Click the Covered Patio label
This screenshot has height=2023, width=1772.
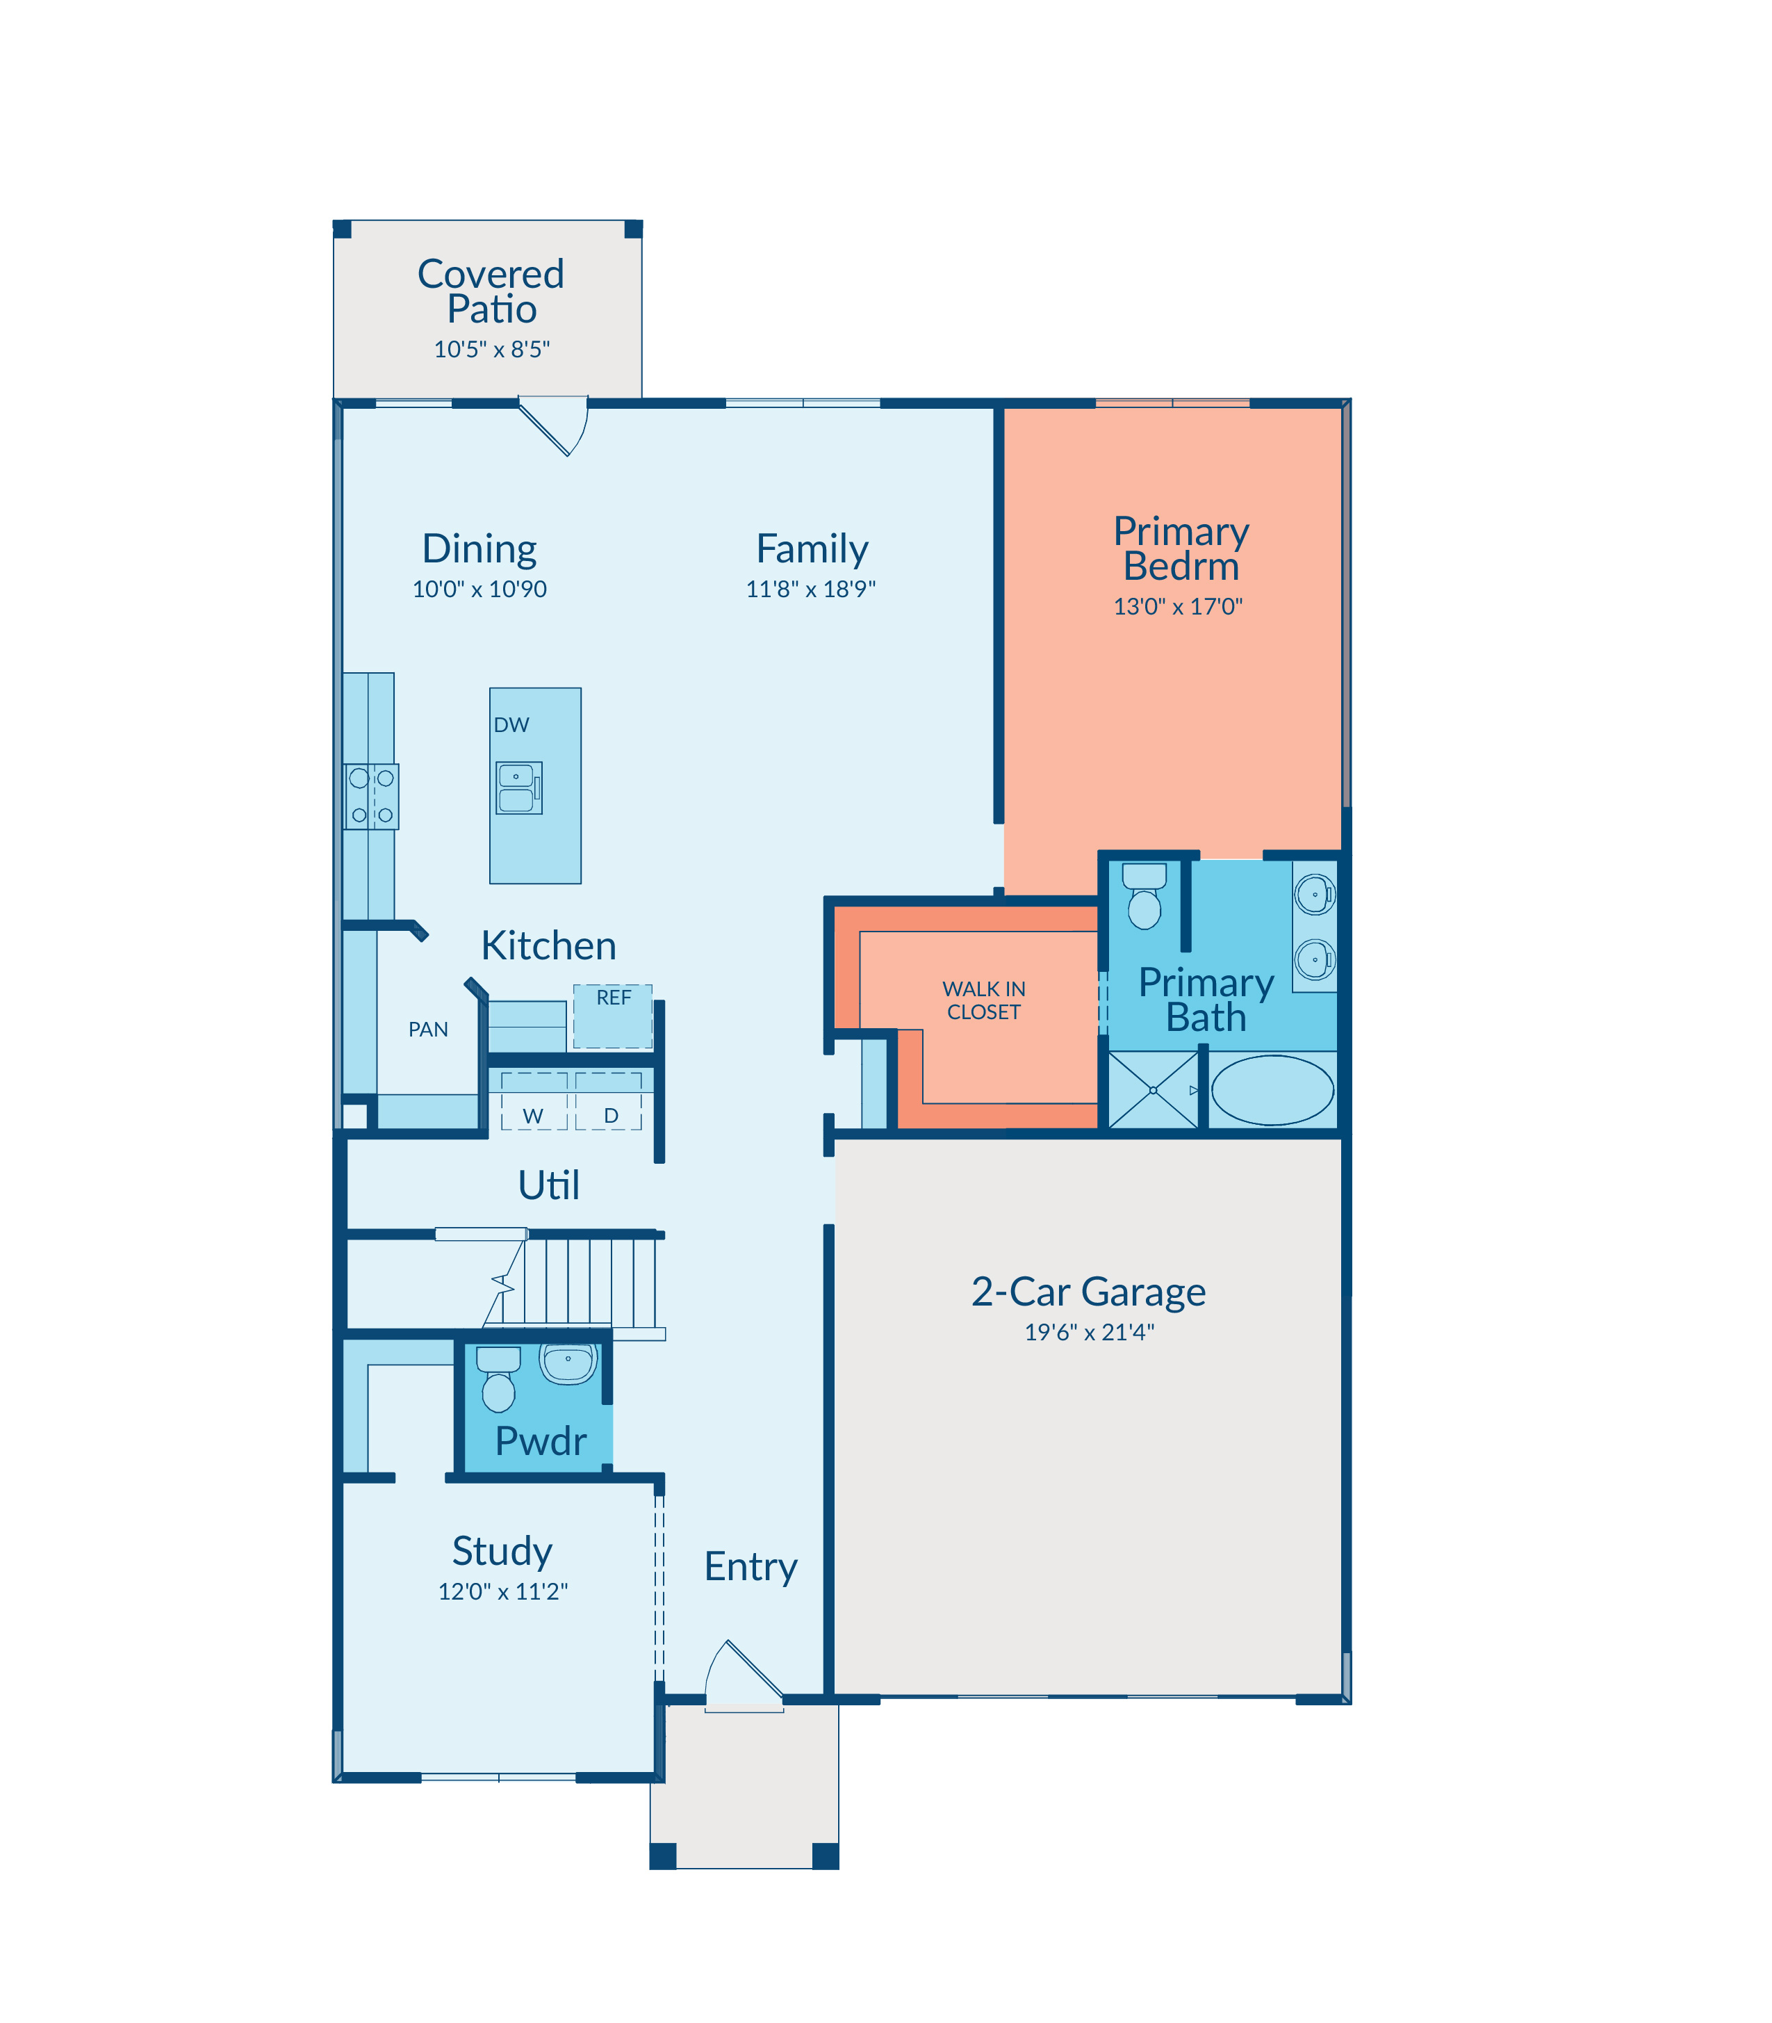(x=491, y=291)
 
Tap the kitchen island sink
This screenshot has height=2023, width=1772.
(x=519, y=788)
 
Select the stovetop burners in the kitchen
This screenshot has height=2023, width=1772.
(x=371, y=797)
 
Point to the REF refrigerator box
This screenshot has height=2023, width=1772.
(x=613, y=1016)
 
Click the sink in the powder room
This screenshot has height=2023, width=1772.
(x=568, y=1364)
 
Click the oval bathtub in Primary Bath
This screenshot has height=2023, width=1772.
(x=1272, y=1089)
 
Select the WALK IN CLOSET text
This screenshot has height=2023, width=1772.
(x=984, y=1000)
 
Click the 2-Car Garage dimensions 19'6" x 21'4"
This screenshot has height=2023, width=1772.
(x=1089, y=1333)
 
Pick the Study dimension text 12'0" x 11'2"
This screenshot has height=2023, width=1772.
(x=502, y=1592)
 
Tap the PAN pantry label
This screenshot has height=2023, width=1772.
(x=428, y=1030)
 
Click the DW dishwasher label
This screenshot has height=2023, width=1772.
(x=511, y=725)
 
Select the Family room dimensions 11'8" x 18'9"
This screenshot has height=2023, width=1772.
(x=811, y=590)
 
